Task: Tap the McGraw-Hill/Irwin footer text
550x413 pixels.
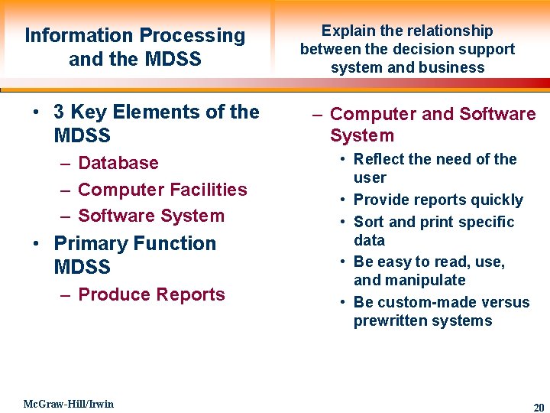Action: click(x=68, y=404)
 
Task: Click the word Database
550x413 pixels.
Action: click(x=118, y=163)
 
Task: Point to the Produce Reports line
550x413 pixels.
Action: click(x=151, y=294)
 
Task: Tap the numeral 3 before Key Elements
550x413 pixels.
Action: click(x=59, y=112)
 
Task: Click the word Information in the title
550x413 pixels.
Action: click(x=79, y=35)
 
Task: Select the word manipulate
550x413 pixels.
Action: click(x=430, y=280)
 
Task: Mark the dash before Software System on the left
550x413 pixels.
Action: click(x=64, y=216)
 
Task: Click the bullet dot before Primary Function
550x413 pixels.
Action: click(x=36, y=244)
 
